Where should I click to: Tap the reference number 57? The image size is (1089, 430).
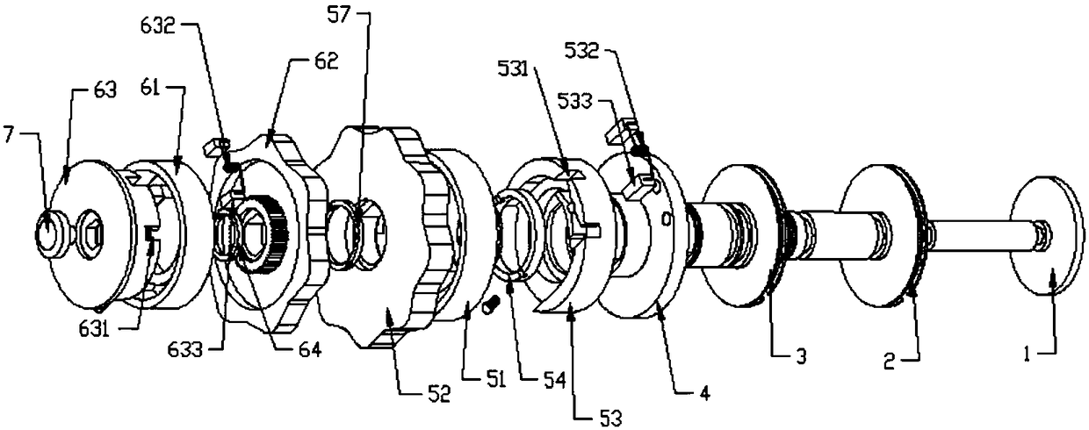339,15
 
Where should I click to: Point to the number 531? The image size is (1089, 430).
512,70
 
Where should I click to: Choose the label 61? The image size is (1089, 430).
151,90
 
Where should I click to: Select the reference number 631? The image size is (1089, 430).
94,330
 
